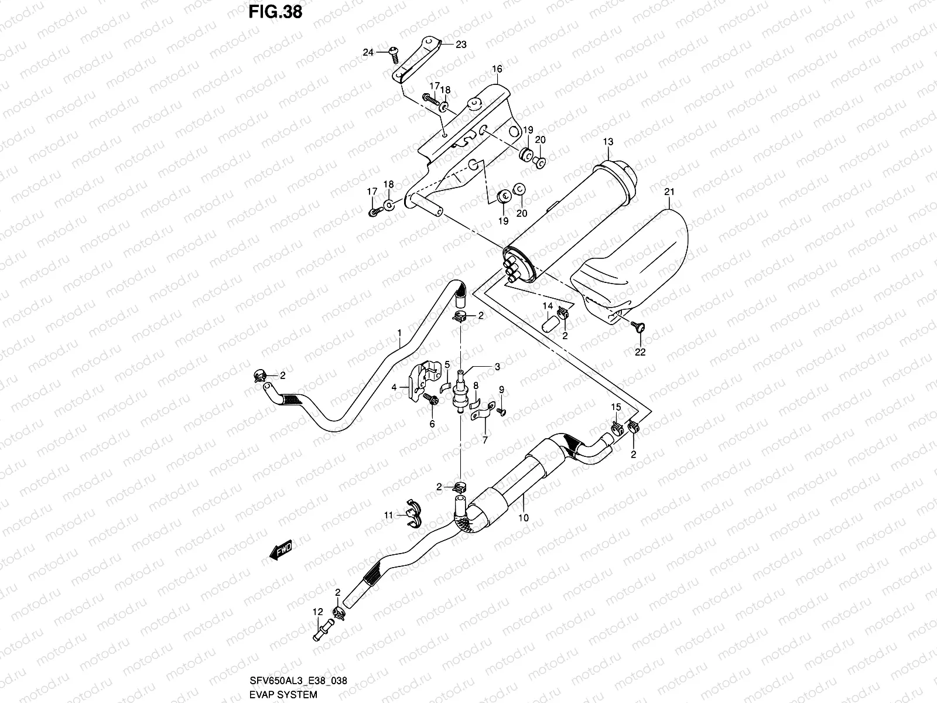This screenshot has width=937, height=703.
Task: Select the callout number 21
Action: [670, 192]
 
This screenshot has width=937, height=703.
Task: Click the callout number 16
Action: [497, 70]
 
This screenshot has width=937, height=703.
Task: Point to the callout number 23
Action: [461, 44]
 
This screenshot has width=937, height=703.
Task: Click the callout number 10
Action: [523, 518]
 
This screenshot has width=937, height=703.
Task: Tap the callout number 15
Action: [615, 407]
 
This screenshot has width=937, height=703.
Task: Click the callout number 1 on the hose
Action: [399, 333]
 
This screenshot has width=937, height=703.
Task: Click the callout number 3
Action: [497, 367]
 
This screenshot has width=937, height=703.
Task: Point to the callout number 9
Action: [501, 390]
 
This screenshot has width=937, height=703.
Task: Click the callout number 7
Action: [484, 440]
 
